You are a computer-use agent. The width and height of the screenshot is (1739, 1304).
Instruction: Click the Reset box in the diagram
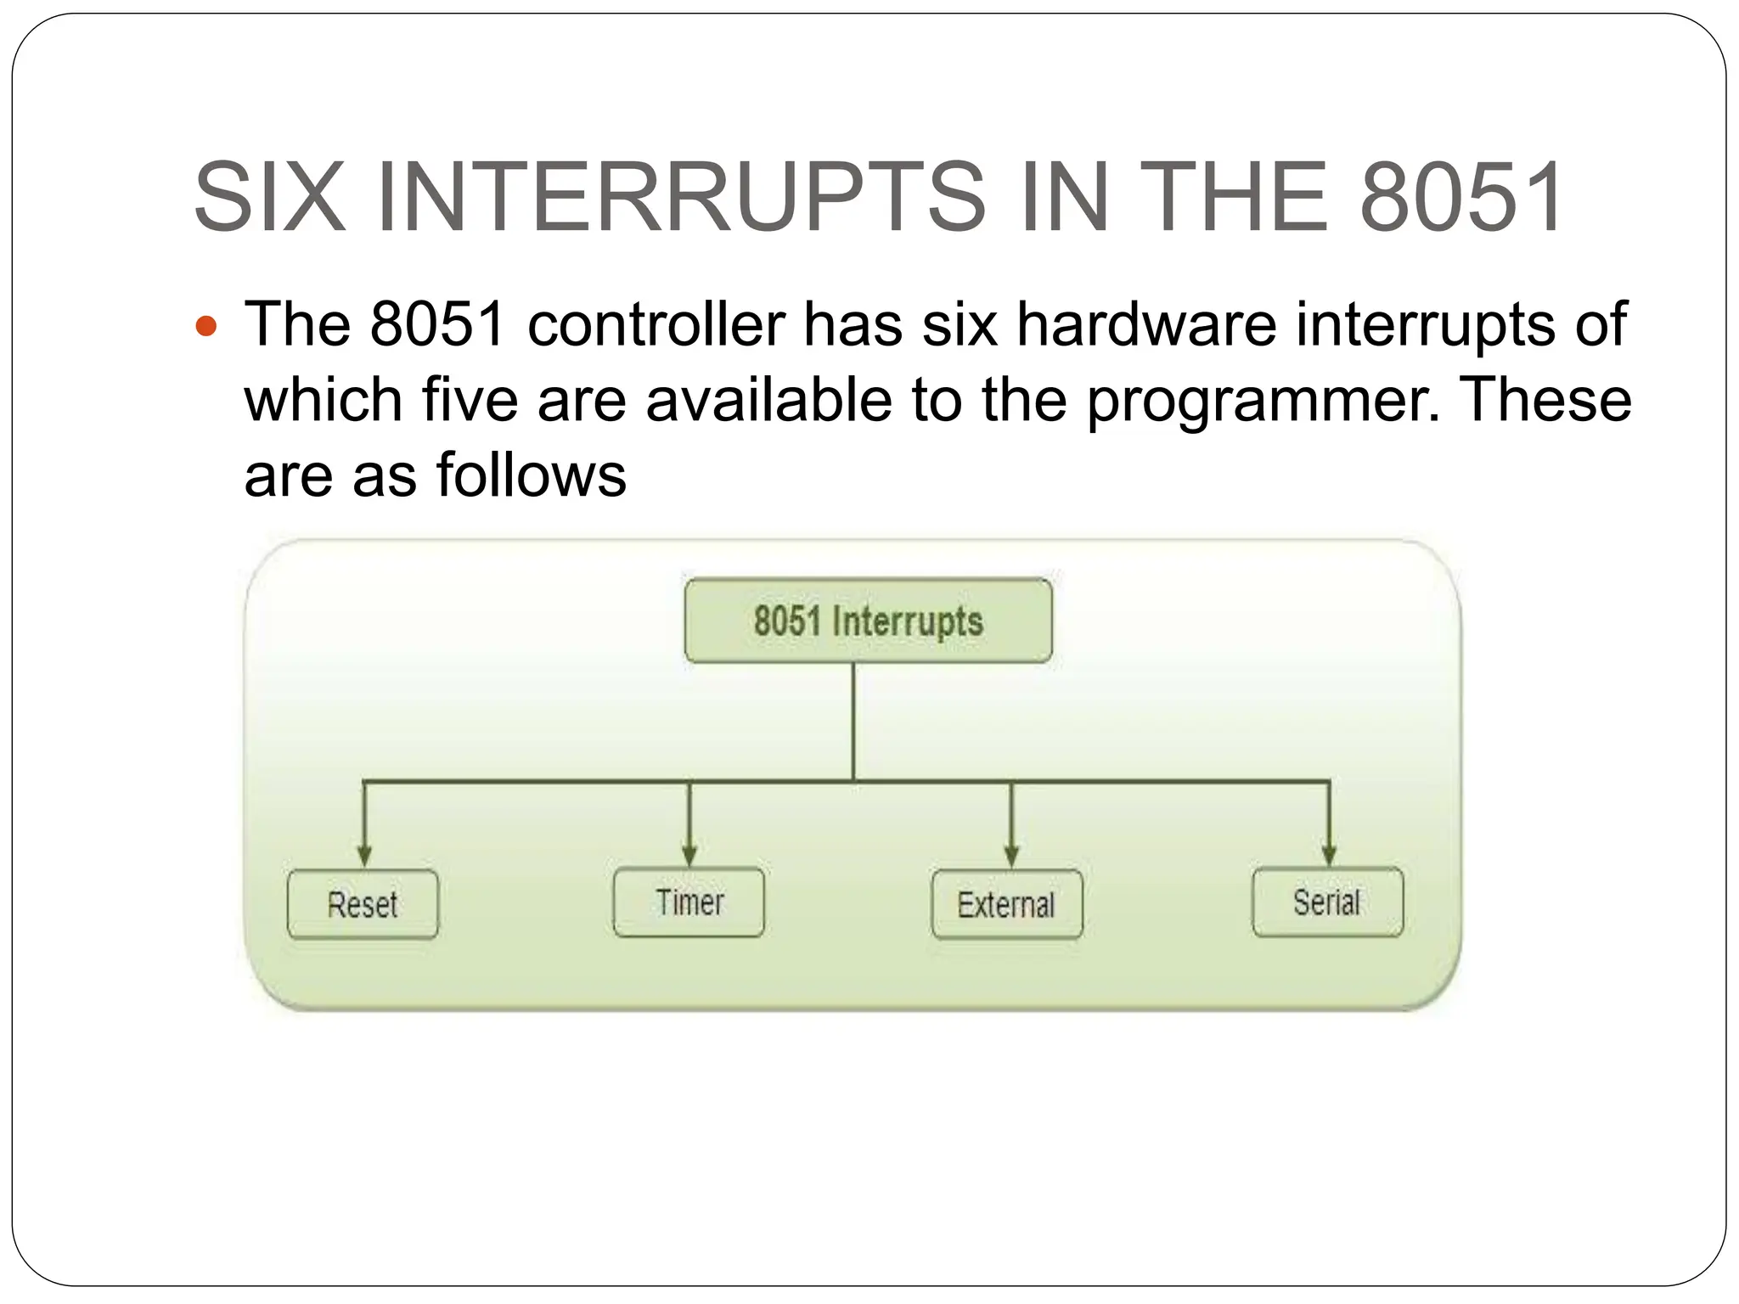click(x=363, y=904)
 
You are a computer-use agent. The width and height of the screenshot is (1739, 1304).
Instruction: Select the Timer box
click(x=689, y=902)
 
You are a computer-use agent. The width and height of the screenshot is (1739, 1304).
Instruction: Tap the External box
click(x=1006, y=904)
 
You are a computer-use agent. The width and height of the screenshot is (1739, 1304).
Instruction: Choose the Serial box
click(x=1327, y=902)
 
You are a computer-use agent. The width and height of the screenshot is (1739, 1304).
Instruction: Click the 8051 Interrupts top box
click(x=868, y=621)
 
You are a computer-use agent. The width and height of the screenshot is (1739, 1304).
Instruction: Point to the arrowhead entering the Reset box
click(x=364, y=855)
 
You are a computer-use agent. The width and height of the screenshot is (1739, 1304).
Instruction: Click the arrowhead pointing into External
click(x=1010, y=855)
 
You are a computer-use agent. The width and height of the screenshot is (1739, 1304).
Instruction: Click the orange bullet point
click(x=206, y=325)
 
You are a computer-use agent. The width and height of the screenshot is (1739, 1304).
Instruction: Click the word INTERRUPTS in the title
click(x=679, y=197)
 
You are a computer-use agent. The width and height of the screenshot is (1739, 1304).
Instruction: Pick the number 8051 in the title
click(x=1460, y=197)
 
